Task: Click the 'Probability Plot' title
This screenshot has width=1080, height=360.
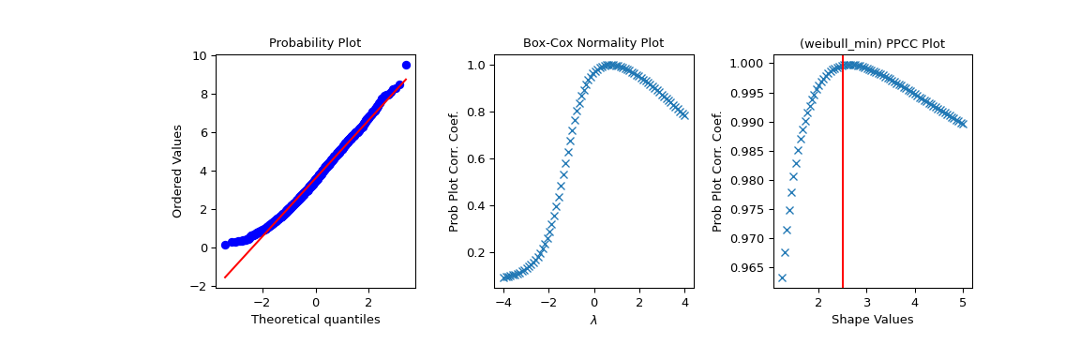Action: (x=315, y=43)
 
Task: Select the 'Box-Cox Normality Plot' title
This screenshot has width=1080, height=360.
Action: (x=592, y=43)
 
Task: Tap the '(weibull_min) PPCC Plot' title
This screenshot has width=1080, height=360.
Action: (x=872, y=44)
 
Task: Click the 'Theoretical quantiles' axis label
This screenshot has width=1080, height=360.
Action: (x=315, y=320)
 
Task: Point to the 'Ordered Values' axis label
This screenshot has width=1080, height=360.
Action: (x=177, y=171)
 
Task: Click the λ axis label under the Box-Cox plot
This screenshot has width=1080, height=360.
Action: (x=593, y=321)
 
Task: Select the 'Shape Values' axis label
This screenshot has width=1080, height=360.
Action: (x=872, y=320)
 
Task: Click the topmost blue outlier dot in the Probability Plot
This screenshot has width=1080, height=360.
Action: (x=406, y=65)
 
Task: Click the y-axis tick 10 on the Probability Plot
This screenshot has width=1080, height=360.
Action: (x=201, y=56)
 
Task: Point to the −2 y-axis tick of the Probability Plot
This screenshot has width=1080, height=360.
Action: (x=200, y=286)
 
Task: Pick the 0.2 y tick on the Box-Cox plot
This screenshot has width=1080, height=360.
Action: (x=476, y=253)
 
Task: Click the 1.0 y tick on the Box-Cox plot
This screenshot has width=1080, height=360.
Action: (x=476, y=66)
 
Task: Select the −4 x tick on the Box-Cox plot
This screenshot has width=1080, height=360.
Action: (x=503, y=303)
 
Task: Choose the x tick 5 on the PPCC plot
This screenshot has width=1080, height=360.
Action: (x=963, y=303)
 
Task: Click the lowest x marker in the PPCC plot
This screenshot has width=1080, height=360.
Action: (x=782, y=277)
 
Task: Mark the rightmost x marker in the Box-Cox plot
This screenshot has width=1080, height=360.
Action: (x=684, y=115)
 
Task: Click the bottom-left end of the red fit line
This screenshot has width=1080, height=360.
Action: (x=225, y=277)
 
